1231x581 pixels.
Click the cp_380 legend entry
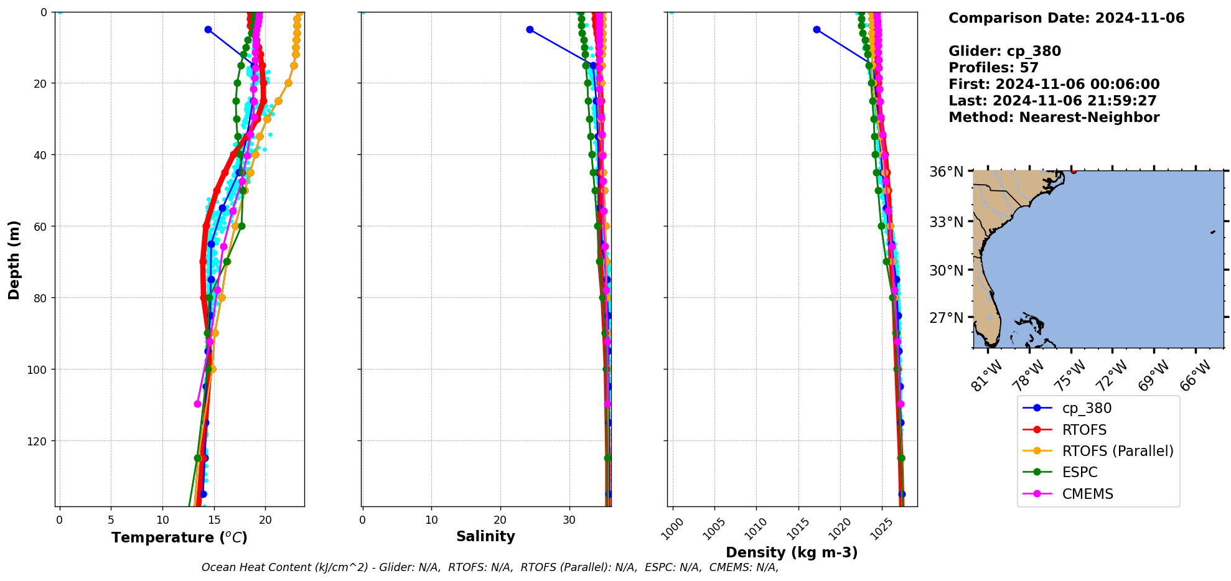1086,408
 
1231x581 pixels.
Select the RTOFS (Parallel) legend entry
1117,451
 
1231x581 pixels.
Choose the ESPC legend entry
1079,472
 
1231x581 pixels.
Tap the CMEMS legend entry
1087,494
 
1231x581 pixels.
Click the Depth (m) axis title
14,259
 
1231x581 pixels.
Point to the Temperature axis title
179,537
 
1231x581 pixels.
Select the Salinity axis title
485,536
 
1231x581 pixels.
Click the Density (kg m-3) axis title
792,552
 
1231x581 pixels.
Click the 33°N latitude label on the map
946,221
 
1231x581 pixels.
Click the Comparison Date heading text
1066,18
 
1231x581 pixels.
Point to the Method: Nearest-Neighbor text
1054,118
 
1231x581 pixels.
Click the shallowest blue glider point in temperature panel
208,30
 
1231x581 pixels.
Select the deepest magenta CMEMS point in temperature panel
197,404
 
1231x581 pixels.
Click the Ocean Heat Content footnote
490,567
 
